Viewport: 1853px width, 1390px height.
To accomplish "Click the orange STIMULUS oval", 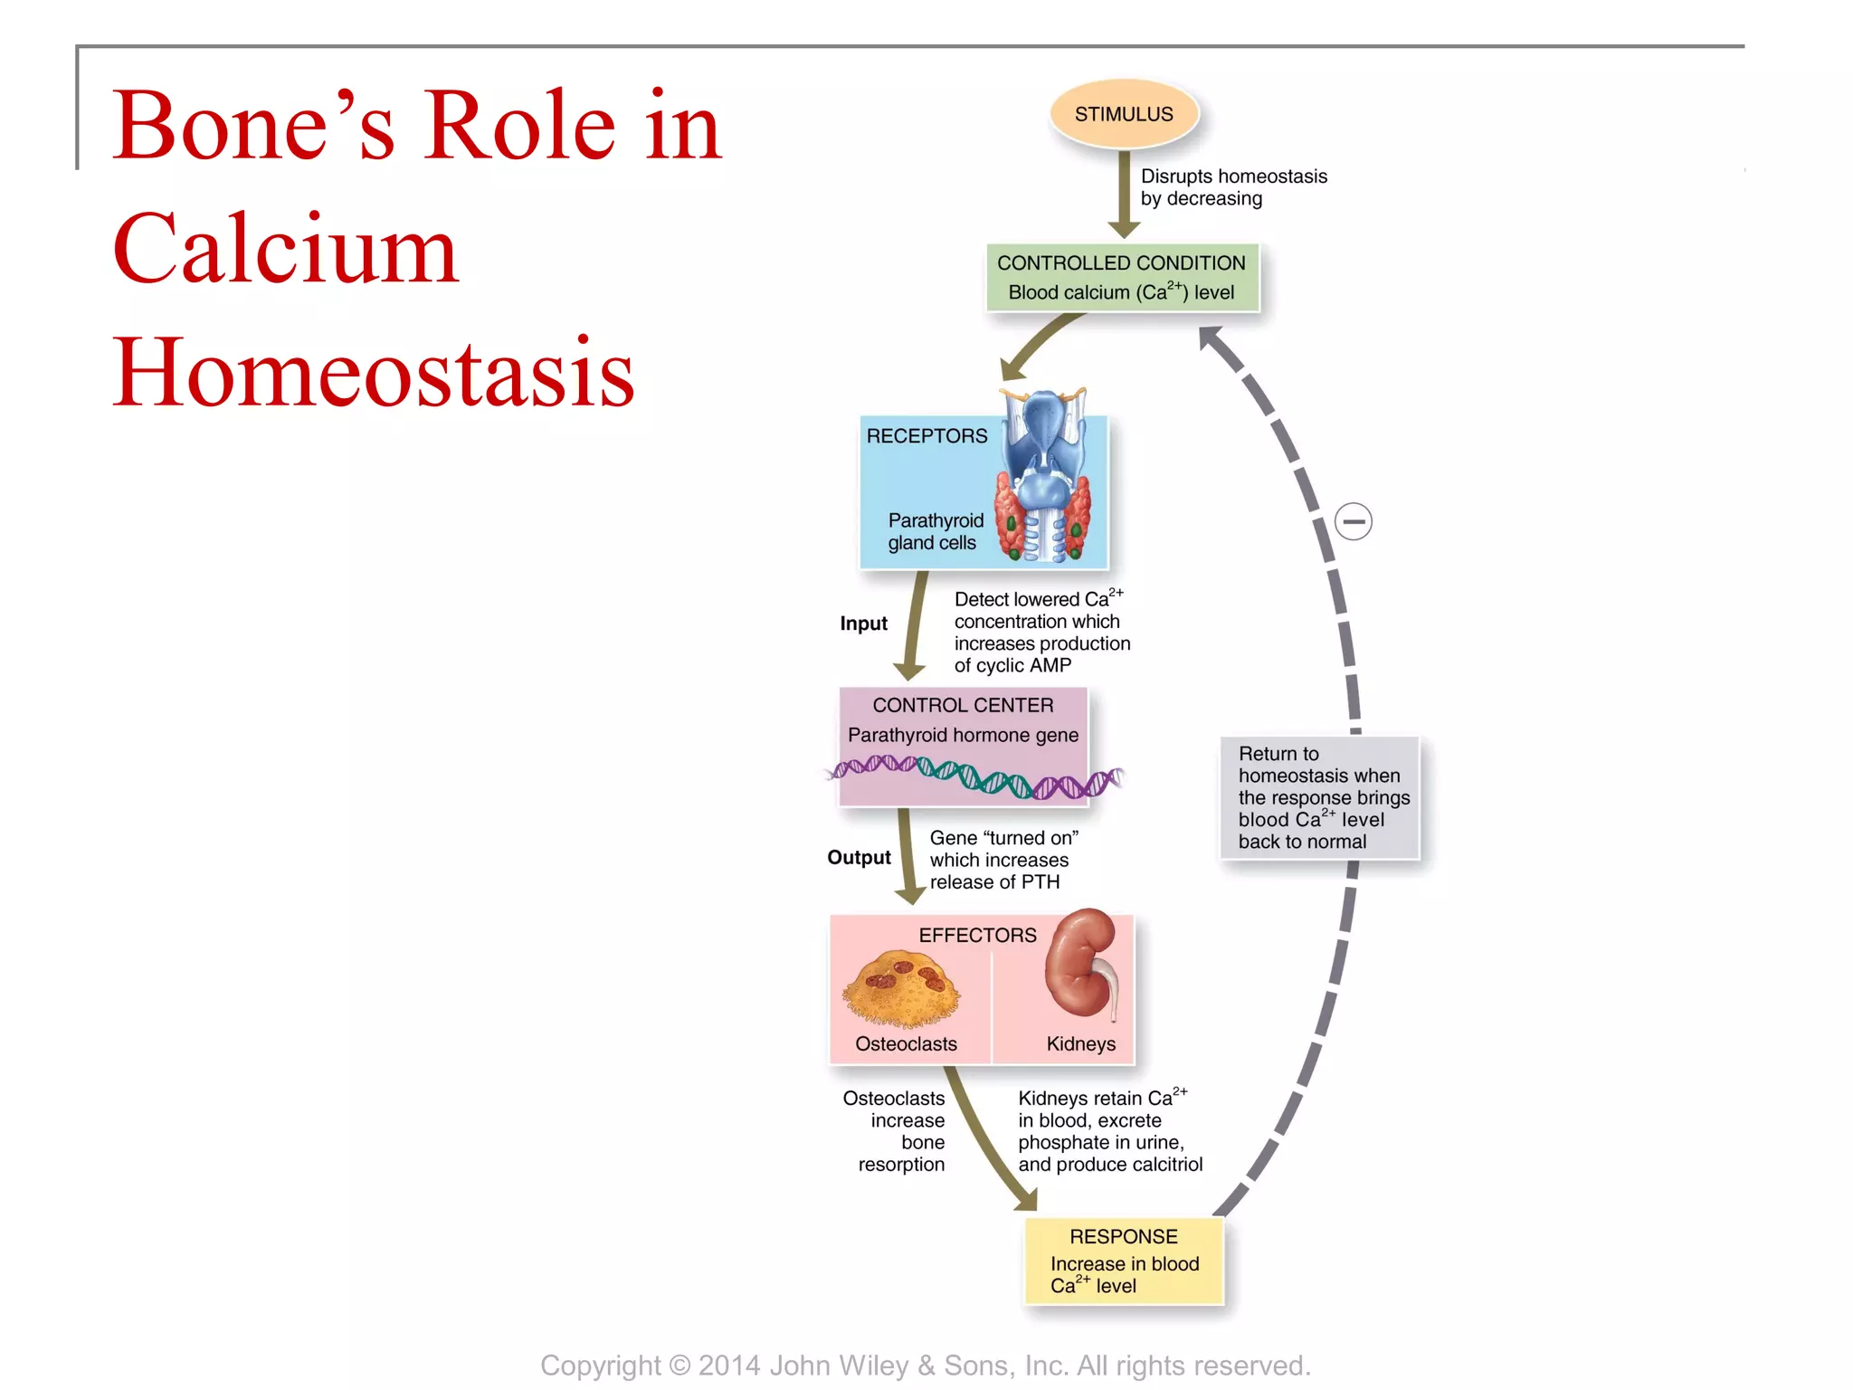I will pos(1124,115).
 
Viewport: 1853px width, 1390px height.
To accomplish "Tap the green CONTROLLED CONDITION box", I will pos(1121,277).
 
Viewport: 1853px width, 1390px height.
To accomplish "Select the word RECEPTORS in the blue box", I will pos(926,436).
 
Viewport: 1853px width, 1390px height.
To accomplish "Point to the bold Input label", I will pos(863,624).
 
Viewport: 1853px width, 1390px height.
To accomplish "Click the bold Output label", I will pos(859,857).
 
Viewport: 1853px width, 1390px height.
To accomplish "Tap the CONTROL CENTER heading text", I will pos(963,705).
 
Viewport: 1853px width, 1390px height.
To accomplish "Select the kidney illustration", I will pos(1081,966).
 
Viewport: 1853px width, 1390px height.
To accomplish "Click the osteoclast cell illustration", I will pos(901,989).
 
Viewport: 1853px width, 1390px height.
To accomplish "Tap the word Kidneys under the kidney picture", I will pos(1080,1043).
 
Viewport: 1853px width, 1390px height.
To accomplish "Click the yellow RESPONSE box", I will pos(1124,1261).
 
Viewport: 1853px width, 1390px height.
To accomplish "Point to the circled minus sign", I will pos(1354,521).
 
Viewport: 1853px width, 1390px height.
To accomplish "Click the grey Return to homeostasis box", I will pos(1320,797).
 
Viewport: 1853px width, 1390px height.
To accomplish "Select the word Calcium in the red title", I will pos(285,249).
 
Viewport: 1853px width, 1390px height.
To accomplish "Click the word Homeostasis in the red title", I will pos(373,373).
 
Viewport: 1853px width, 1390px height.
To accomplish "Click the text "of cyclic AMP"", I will pos(1012,665).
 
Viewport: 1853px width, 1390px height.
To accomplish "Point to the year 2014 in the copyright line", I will pos(729,1365).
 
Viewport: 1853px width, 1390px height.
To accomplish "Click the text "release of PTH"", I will pos(994,881).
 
